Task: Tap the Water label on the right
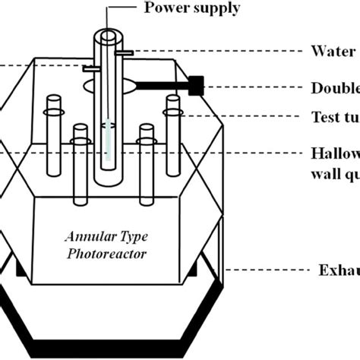pyautogui.click(x=333, y=52)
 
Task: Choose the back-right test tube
pyautogui.click(x=172, y=129)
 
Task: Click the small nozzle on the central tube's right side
pyautogui.click(x=128, y=52)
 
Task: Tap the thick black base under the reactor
pyautogui.click(x=114, y=334)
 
